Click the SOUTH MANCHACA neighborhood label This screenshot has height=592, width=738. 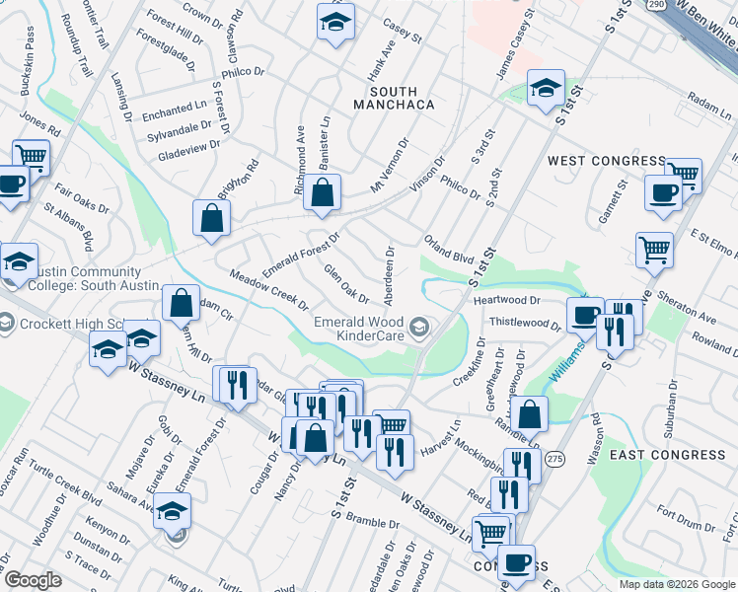point(395,98)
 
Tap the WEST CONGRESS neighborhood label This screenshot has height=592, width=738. point(607,161)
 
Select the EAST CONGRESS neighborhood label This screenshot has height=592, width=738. point(667,455)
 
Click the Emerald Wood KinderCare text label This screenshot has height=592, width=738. point(359,331)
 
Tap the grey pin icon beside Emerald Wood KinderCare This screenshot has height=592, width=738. point(420,327)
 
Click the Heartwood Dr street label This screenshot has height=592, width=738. point(507,300)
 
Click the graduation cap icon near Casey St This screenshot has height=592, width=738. point(335,21)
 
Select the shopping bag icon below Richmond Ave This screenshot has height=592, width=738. point(322,193)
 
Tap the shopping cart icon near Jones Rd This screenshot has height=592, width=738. point(32,156)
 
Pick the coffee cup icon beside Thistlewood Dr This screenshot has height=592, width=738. point(585,316)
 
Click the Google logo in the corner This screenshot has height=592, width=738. point(33,580)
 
